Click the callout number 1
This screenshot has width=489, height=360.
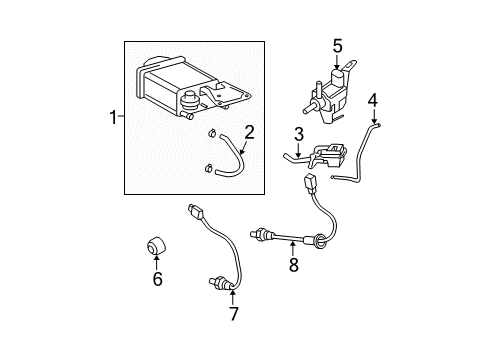coord(113,118)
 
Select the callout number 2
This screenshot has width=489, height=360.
coord(249,132)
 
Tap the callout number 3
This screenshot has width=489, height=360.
coord(299,134)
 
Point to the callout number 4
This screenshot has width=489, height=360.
coord(373,100)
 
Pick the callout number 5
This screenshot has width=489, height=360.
coord(337,46)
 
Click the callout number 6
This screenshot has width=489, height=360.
coord(157,279)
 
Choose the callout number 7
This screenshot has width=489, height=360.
coord(233,314)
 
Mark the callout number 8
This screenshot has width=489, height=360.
coord(293,265)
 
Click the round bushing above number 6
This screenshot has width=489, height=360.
coord(156,245)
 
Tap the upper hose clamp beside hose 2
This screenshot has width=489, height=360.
coord(211,134)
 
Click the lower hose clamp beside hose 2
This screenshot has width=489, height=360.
coord(208,168)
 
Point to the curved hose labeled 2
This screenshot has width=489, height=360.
coord(239,157)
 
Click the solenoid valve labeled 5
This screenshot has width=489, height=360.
coord(328,92)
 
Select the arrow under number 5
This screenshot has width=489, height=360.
coord(337,61)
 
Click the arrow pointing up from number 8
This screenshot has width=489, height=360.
coord(293,249)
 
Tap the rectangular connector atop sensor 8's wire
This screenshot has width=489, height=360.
coord(308,183)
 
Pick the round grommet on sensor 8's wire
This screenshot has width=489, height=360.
coord(318,241)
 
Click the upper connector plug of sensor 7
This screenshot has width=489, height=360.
coord(195,211)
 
